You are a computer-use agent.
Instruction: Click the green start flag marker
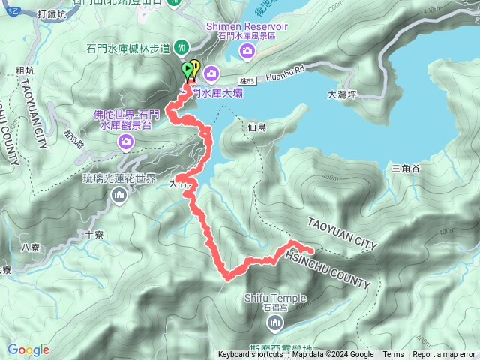pyautogui.click(x=187, y=70)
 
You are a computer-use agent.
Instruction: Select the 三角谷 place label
pyautogui.click(x=405, y=169)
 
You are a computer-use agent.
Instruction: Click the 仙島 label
pyautogui.click(x=256, y=128)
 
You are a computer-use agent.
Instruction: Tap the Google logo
pyautogui.click(x=28, y=349)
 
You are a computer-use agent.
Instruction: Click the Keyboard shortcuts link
pyautogui.click(x=250, y=355)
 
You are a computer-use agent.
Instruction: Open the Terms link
pyautogui.click(x=393, y=355)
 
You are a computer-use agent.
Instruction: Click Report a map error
pyautogui.click(x=444, y=355)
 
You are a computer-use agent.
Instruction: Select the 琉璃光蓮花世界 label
pyautogui.click(x=119, y=179)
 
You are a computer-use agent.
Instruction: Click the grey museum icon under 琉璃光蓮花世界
pyautogui.click(x=119, y=196)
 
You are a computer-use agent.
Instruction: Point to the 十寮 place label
pyautogui.click(x=95, y=234)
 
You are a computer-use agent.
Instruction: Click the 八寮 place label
pyautogui.click(x=30, y=247)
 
